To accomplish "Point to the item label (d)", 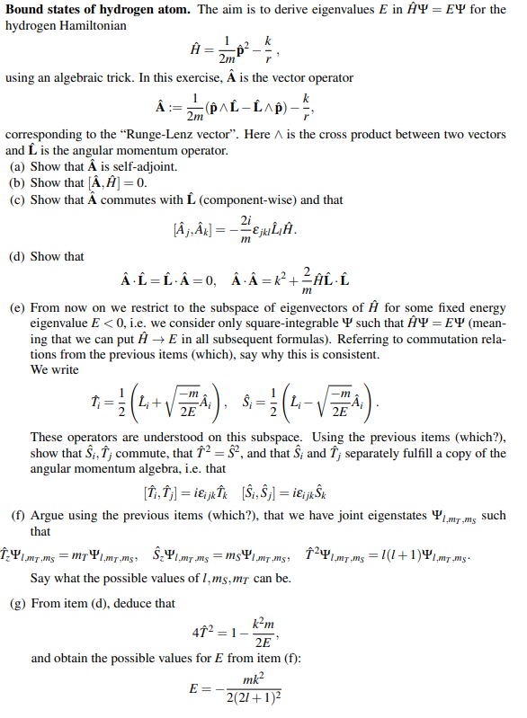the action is (x=17, y=257).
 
